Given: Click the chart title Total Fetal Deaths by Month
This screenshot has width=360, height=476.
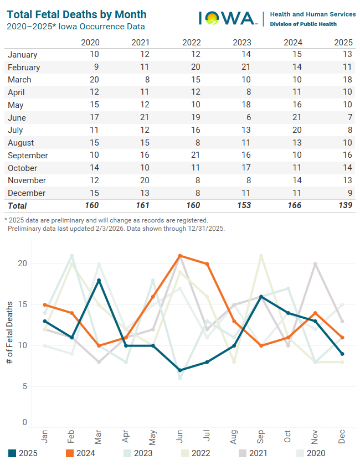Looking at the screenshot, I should point(77,14).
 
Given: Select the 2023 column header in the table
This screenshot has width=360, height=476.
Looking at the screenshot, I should point(242,43).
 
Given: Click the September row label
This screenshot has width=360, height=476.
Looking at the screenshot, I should point(28,156).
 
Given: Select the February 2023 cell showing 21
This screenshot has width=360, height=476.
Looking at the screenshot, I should point(246,67).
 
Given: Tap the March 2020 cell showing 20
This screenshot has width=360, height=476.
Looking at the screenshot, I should point(94,80).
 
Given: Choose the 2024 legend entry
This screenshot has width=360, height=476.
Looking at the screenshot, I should point(80,453).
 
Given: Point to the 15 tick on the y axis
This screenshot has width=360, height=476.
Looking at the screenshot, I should point(22,304).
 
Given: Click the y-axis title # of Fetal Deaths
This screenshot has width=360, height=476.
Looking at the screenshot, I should point(10,332).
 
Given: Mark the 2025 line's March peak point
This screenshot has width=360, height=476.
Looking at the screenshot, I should point(99,280).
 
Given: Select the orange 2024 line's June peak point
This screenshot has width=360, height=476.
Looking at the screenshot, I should point(180,256).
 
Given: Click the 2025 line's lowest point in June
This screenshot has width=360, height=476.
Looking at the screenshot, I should point(180,370).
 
